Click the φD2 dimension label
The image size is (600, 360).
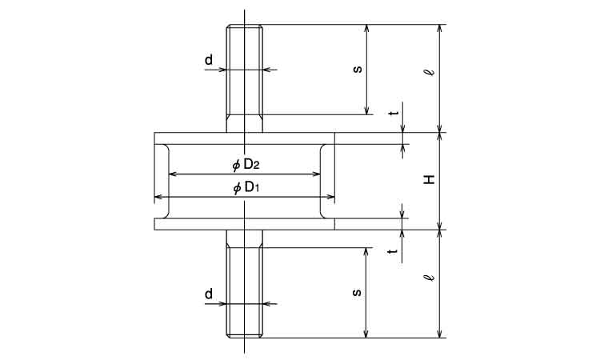coord(246,165)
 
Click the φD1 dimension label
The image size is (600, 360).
coord(246,188)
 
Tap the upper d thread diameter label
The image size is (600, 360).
coord(209,60)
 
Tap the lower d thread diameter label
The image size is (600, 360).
coord(209,294)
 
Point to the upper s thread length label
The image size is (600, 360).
coord(358,70)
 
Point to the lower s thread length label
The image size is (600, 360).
coord(357,293)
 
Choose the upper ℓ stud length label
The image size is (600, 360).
coord(431,72)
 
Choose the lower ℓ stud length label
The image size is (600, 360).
coord(431,277)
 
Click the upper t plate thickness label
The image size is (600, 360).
coord(394,114)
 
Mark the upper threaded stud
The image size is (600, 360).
coord(245,78)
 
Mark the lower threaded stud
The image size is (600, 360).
coord(245,284)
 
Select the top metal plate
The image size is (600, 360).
coord(245,138)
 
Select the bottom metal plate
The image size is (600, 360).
coord(245,224)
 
